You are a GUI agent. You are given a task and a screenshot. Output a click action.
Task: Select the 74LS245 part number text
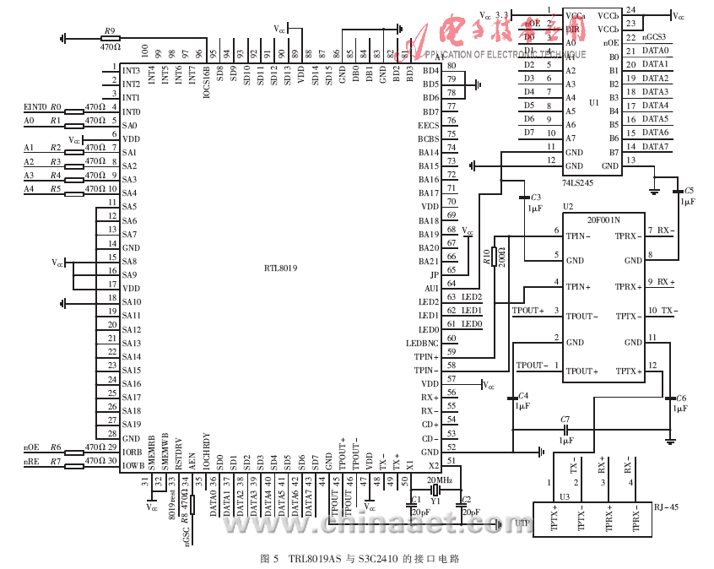coord(579,182)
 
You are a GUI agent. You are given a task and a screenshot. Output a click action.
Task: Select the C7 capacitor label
coord(565,419)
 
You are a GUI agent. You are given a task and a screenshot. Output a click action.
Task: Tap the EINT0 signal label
coord(35,107)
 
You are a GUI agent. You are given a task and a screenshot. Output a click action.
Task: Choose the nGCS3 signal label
coord(655,37)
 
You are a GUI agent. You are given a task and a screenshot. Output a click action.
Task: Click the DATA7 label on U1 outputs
coord(656,147)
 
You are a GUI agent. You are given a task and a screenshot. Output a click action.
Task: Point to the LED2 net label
coord(472,297)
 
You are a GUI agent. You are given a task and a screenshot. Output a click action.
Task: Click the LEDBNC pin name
coord(422,343)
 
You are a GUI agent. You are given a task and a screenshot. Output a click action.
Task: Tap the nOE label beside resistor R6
coord(31,447)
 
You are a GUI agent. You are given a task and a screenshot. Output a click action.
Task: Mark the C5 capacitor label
coord(690,191)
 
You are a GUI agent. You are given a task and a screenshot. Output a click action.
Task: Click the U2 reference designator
coord(567,206)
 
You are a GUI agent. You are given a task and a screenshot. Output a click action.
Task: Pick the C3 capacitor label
coord(535,197)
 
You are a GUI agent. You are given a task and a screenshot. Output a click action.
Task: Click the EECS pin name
coord(429,125)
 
